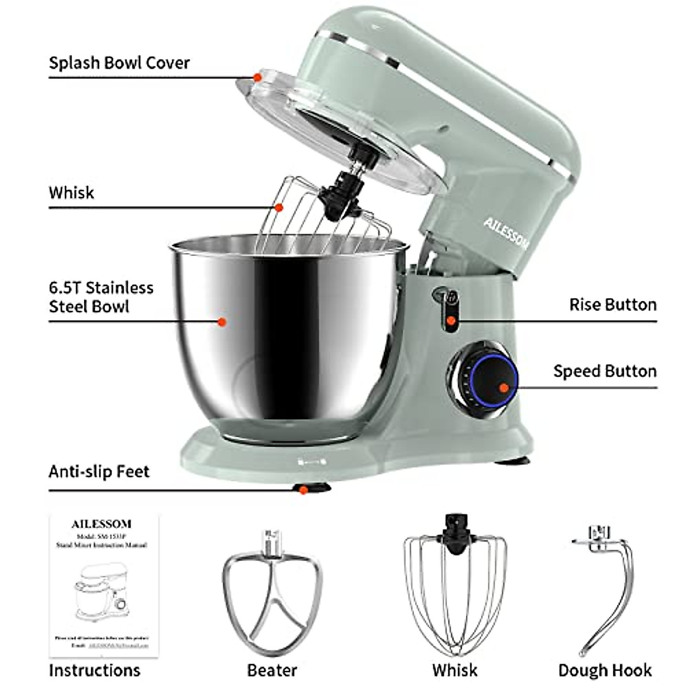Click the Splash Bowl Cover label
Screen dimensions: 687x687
pos(119,62)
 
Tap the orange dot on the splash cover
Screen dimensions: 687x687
pos(257,77)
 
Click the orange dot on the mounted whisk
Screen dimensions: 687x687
pos(279,207)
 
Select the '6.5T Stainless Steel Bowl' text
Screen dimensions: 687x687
pos(101,297)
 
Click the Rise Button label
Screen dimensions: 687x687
pos(613,305)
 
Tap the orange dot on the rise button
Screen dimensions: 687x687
pos(451,321)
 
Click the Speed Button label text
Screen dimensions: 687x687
pos(605,371)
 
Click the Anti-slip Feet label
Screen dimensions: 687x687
pos(98,472)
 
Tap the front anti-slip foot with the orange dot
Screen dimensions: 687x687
pos(304,489)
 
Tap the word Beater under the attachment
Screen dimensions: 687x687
pos(272,670)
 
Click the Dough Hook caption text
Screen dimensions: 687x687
pos(605,670)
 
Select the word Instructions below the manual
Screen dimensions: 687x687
pos(94,670)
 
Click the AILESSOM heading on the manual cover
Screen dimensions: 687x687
pos(101,524)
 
